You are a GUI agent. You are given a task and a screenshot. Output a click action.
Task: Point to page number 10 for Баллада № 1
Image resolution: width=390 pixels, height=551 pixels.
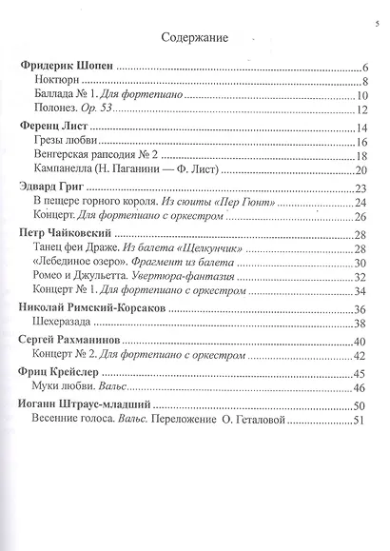click(362, 97)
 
